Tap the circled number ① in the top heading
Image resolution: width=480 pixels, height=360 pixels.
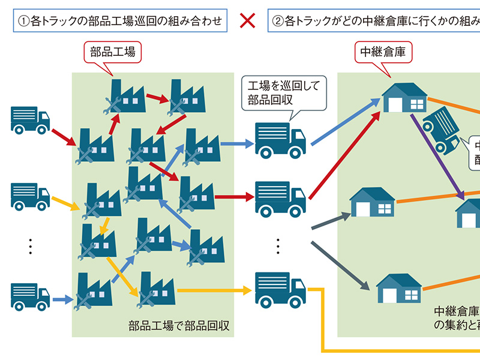pos(23,22)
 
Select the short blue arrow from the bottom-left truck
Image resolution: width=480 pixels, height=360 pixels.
pos(62,298)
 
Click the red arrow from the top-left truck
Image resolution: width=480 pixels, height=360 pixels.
pos(63,137)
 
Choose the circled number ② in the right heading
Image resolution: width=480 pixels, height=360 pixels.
pos(278,22)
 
